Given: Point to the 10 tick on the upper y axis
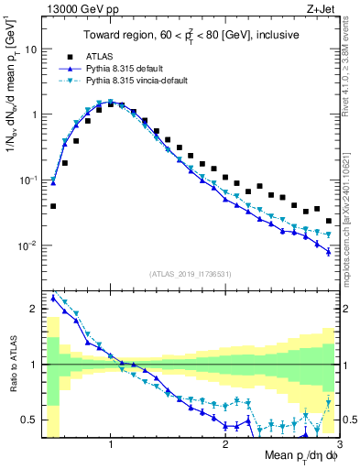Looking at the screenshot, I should tap(31, 49).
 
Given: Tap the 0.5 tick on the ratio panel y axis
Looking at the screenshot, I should tap(29, 420).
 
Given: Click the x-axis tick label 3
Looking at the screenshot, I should tap(338, 444).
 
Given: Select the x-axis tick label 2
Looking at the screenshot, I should tap(225, 444).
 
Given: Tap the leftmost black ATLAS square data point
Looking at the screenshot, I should tap(53, 206).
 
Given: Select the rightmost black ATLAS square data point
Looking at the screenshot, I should tap(329, 221).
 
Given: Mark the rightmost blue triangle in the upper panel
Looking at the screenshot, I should tap(329, 252).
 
